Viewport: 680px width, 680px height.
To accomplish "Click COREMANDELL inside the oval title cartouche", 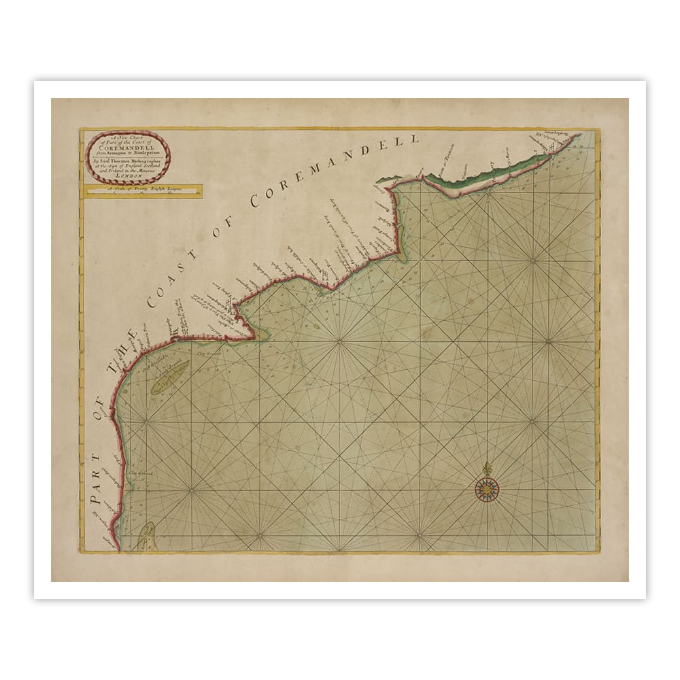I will pos(128,144).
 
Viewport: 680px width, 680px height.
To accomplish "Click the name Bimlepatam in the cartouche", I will pos(145,151).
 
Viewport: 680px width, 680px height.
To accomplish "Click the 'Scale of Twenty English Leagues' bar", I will pos(142,191).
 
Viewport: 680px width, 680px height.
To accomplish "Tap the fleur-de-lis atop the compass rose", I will pos(487,468).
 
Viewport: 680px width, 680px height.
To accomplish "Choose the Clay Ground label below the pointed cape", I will pos(209,352).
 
